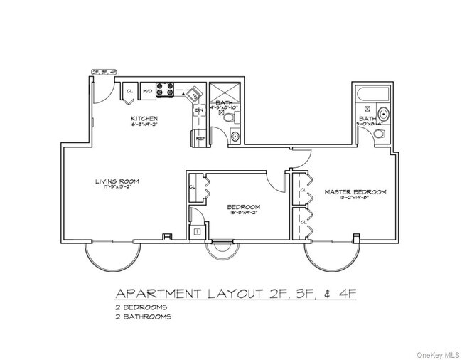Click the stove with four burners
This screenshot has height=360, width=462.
click(x=165, y=90)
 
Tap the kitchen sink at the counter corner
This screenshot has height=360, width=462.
click(x=194, y=95)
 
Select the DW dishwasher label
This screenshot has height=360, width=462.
click(x=200, y=112)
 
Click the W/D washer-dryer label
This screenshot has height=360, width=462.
click(x=147, y=91)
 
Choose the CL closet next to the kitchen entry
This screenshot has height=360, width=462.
click(x=131, y=91)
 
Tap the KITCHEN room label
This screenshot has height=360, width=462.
click(x=143, y=118)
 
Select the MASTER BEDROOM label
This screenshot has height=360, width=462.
click(x=355, y=191)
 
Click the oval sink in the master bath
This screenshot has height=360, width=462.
click(x=383, y=113)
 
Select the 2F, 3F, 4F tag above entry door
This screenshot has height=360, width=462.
click(x=104, y=70)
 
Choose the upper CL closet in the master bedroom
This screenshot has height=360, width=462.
click(x=303, y=190)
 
